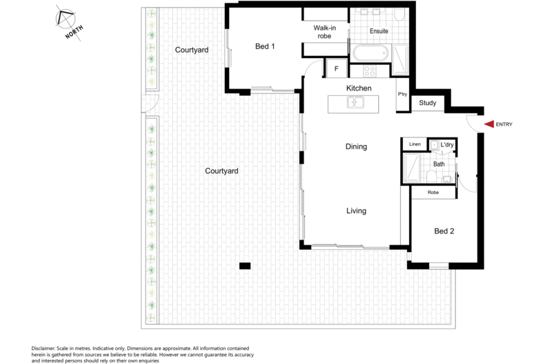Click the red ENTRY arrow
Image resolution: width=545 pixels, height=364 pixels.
489,124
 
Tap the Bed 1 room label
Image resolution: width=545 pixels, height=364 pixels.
265,46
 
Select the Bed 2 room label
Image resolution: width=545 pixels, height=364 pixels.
444,231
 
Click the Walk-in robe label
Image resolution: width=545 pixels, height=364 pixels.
325,32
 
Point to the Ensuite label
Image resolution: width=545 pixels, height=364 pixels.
379,31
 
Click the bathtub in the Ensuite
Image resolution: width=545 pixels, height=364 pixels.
370,53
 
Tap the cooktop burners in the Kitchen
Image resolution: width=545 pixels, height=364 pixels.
369,71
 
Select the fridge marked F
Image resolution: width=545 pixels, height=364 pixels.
336,68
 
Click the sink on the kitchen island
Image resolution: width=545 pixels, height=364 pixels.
355,103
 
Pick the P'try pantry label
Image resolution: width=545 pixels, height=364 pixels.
402,95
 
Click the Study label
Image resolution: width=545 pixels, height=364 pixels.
428,103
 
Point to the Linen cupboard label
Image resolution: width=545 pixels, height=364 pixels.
415,144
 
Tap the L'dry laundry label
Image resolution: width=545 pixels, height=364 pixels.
447,144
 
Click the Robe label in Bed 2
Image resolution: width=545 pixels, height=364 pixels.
433,192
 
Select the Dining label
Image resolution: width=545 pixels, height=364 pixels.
356,146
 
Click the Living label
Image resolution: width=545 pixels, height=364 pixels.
356,211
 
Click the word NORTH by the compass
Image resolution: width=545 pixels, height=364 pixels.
74,32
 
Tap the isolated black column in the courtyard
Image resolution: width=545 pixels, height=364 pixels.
245,266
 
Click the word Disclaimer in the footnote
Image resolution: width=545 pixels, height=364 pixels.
43,348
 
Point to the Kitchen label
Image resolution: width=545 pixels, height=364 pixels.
359,88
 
